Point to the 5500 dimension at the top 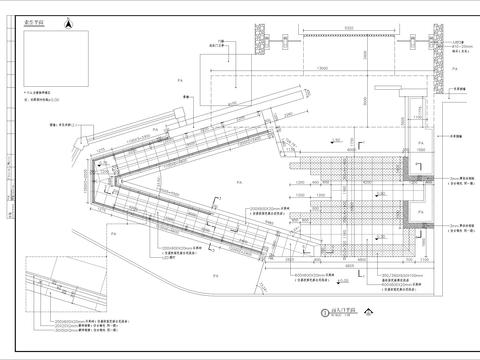348,28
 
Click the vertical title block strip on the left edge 9,180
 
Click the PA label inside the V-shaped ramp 238,185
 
